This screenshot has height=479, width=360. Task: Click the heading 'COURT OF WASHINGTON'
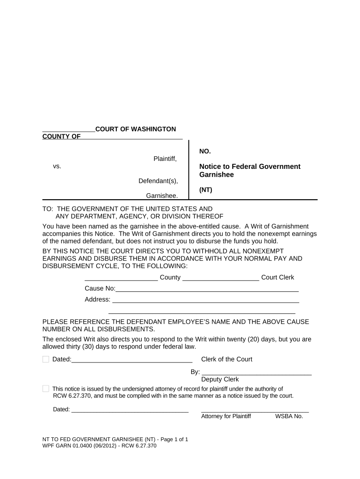click(136, 129)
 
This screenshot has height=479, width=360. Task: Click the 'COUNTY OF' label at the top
click(61, 136)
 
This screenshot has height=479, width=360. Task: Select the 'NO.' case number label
click(205, 151)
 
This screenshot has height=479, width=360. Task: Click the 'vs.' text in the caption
click(57, 166)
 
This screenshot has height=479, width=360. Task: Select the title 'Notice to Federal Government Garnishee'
click(250, 171)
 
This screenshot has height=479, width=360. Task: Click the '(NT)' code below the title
click(206, 190)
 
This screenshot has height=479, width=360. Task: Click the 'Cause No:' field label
click(100, 289)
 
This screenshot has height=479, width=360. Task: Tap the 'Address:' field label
click(97, 299)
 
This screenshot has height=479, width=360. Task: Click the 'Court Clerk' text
click(278, 277)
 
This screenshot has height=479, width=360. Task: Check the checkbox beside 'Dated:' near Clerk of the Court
click(46, 359)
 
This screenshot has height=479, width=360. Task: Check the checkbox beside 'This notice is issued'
click(46, 389)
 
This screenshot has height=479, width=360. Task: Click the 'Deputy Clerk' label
click(220, 379)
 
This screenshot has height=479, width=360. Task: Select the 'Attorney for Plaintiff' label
click(226, 416)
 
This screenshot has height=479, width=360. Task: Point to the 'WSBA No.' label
click(289, 416)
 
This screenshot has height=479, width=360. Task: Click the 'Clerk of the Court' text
click(226, 359)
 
